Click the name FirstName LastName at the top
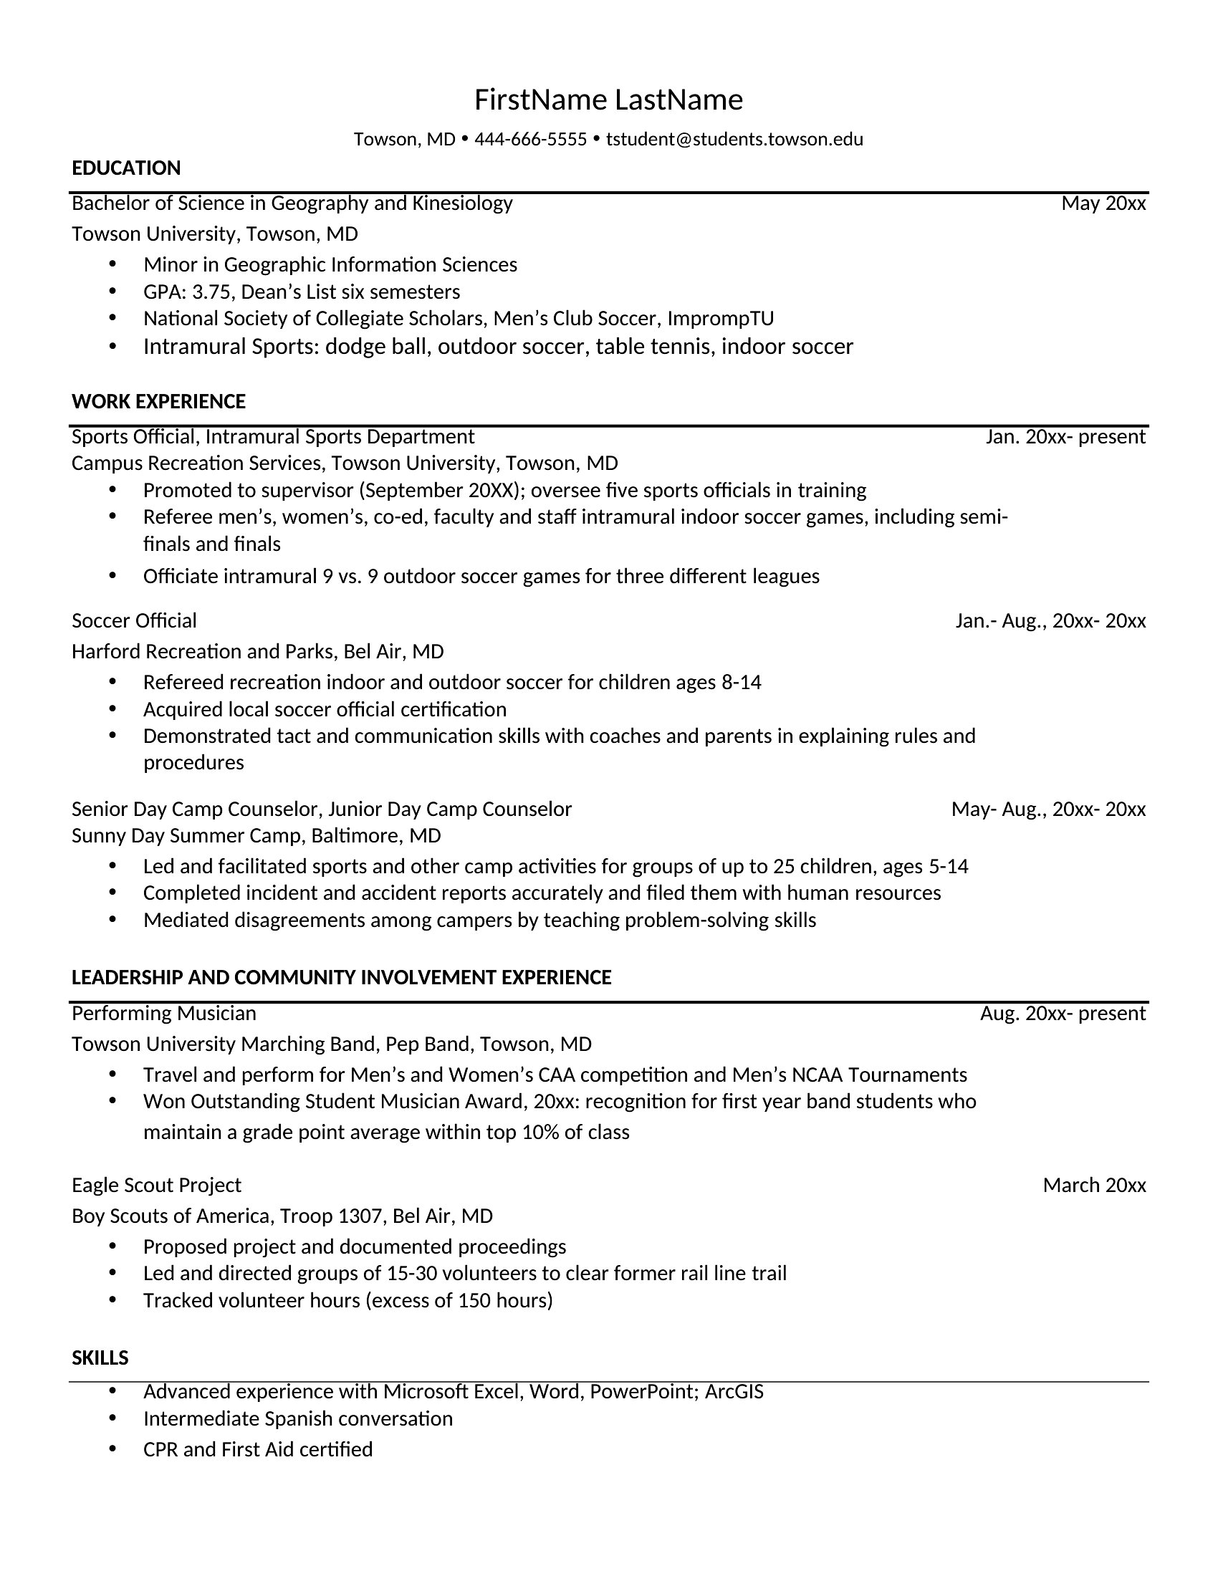coord(608,100)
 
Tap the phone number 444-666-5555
coord(530,139)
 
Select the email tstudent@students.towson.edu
coord(734,139)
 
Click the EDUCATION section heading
coord(126,168)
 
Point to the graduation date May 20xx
coord(1103,203)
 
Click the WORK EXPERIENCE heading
coord(159,402)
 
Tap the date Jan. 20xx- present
coord(1065,436)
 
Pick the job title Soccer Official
coord(134,620)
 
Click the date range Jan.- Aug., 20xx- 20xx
coord(1050,620)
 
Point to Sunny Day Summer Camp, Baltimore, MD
coord(256,835)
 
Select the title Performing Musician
coord(164,1013)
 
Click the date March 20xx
coord(1094,1185)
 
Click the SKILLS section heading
coord(100,1358)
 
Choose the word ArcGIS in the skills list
coord(734,1391)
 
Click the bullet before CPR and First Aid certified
coord(112,1448)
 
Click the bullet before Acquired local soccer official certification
coord(112,708)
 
